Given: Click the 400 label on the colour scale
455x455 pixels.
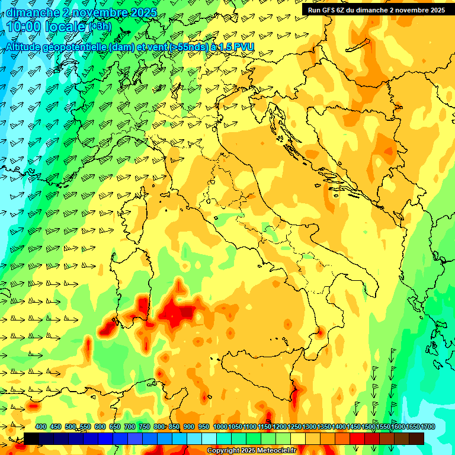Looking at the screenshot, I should tap(41, 427).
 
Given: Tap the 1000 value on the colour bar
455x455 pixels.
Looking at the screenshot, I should tap(220, 427).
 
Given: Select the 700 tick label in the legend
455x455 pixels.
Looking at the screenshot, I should tap(129, 427).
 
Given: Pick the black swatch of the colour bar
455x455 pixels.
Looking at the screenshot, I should tap(31, 438).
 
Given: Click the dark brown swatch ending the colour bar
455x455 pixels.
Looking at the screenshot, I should tap(416, 438).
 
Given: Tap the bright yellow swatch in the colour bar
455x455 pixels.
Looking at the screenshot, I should tap(298, 438).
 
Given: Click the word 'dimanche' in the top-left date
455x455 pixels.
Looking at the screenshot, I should tap(33, 12).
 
